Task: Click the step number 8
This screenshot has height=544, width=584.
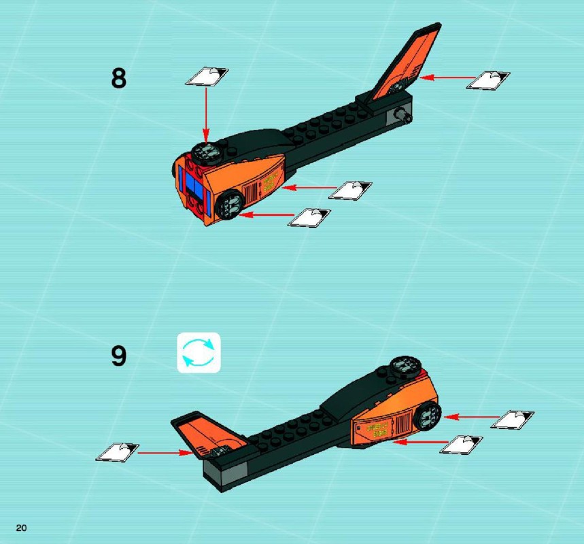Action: pos(119,78)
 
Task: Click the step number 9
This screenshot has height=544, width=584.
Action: pos(119,356)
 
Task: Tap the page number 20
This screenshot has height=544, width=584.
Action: pos(21,528)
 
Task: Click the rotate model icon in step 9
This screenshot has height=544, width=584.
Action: pos(199,352)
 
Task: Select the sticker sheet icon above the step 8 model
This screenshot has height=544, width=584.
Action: pos(207,77)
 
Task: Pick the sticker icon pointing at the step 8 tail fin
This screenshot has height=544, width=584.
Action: pos(488,80)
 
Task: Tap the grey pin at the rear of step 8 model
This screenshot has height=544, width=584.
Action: pos(405,115)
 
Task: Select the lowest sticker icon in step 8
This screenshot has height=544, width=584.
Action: pos(309,218)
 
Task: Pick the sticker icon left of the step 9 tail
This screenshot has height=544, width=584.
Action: pos(118,452)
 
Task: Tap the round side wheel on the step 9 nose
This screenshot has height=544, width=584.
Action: pos(429,415)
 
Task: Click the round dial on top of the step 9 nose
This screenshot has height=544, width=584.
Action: pos(406,364)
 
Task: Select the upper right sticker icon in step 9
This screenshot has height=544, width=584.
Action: pos(512,420)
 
